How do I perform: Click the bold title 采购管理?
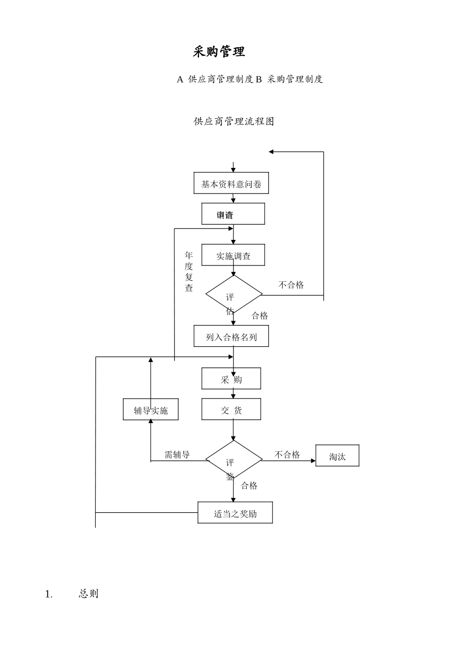[x=219, y=52]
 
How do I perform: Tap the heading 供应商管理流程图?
[x=234, y=121]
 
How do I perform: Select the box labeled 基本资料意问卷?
[x=231, y=184]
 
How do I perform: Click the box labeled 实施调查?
[x=233, y=255]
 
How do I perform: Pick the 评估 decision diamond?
[x=234, y=295]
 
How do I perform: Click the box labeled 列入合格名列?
[x=231, y=336]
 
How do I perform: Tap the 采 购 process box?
[x=231, y=379]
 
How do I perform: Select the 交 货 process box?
[x=231, y=409]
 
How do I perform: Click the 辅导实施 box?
[x=151, y=410]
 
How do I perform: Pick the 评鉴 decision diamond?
[x=234, y=460]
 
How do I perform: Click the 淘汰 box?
[x=337, y=456]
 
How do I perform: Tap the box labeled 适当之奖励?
[x=235, y=513]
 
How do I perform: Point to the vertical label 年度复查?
[x=189, y=271]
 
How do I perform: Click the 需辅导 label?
[x=177, y=454]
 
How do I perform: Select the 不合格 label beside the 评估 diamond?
[x=291, y=285]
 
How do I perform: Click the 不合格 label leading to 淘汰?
[x=287, y=454]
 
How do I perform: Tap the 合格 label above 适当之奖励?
[x=249, y=486]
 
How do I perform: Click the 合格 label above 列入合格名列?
[x=260, y=316]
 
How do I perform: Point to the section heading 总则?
[x=89, y=594]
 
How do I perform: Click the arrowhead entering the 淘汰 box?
[x=313, y=461]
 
